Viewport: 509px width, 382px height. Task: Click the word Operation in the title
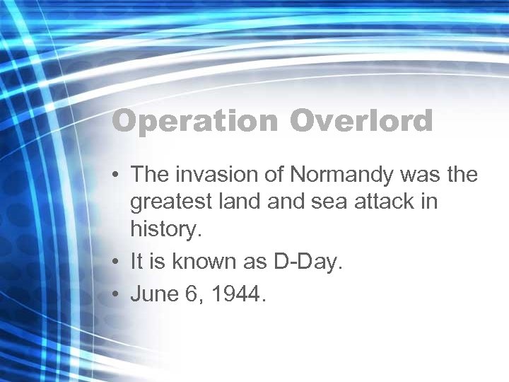(x=194, y=121)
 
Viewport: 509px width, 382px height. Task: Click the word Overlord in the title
(x=361, y=121)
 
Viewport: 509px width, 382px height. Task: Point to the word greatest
(x=170, y=202)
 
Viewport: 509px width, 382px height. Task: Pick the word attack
(x=382, y=202)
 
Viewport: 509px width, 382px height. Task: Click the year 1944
(x=238, y=294)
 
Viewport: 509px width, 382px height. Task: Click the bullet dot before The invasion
(x=117, y=175)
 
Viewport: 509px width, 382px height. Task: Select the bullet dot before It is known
(x=117, y=262)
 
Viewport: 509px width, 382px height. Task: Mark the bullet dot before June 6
(x=117, y=294)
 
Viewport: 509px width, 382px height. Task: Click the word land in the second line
(x=237, y=202)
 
